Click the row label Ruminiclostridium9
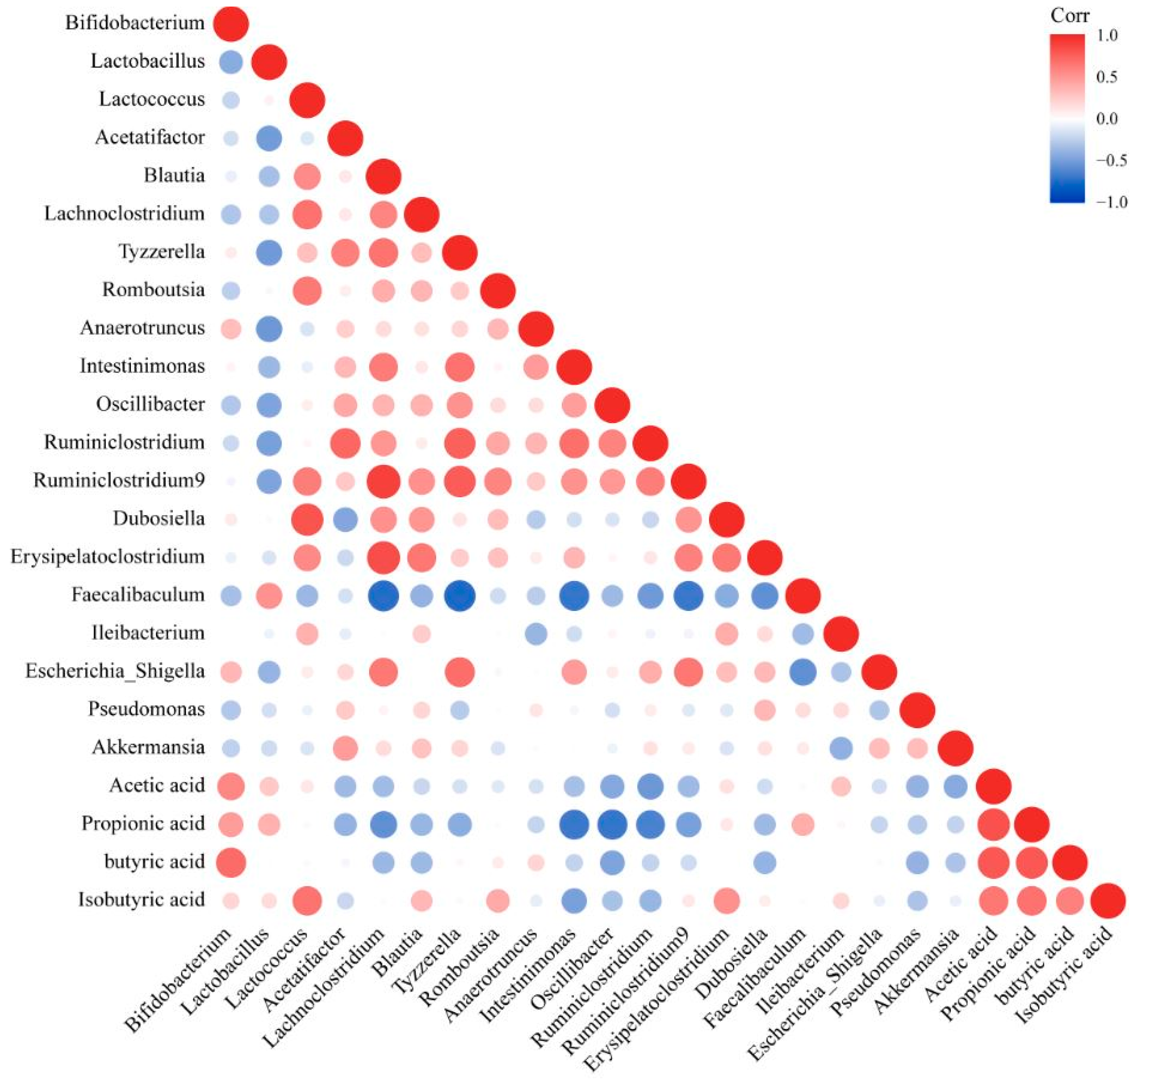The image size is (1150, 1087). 119,480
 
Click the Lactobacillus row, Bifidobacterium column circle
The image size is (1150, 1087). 231,61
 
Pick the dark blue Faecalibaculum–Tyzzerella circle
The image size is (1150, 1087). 459,596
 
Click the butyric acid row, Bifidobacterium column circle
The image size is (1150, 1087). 231,862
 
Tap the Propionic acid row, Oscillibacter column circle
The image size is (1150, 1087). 612,824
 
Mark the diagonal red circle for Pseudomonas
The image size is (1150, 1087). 917,709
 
